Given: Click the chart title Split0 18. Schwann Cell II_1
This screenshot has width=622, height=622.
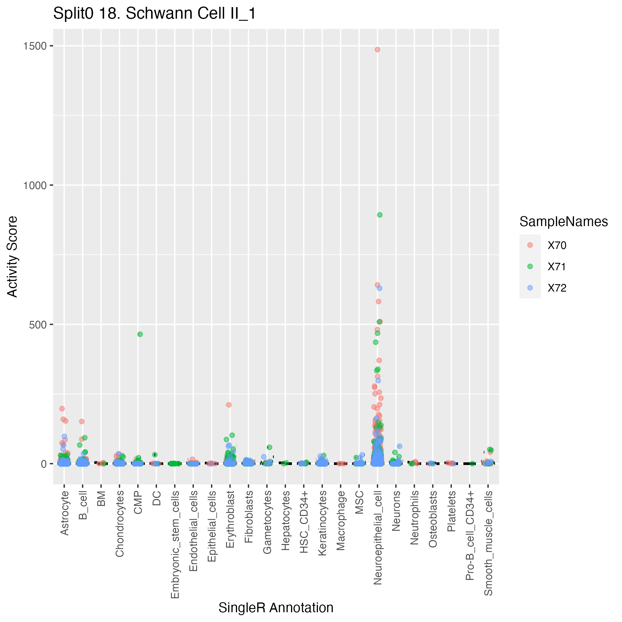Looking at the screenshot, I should point(154,14).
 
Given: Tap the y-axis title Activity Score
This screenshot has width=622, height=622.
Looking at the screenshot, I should point(12,257).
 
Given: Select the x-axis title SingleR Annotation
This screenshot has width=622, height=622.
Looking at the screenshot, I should point(276,607).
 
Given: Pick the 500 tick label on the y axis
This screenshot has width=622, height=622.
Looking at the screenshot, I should point(38,324).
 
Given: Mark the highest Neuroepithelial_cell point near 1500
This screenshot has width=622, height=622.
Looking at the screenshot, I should point(377,49).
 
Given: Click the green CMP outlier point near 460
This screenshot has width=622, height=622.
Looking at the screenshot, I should point(140,334).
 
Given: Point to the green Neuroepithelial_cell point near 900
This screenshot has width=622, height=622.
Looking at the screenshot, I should point(380,215).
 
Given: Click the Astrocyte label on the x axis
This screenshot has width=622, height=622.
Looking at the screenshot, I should point(64,513).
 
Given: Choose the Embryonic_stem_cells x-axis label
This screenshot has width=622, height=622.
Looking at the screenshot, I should point(175,544).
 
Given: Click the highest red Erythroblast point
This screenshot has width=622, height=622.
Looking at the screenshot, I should point(229,405).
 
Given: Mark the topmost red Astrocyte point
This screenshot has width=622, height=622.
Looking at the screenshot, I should point(62,409).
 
